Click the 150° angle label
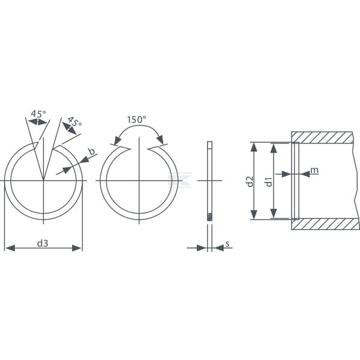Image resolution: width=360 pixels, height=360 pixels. (137, 119)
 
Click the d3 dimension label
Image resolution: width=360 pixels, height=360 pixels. (43, 243)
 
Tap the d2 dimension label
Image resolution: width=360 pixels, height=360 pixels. (250, 181)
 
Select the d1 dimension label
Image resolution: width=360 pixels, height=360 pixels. (269, 181)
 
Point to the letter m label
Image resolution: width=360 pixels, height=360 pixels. (314, 170)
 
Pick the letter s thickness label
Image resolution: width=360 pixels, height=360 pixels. (227, 244)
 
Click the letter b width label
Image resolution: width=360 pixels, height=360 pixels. (92, 152)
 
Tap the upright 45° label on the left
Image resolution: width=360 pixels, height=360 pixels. (38, 113)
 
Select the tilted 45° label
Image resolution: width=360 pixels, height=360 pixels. (75, 121)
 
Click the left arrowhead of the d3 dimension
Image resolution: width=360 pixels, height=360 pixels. (10, 248)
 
